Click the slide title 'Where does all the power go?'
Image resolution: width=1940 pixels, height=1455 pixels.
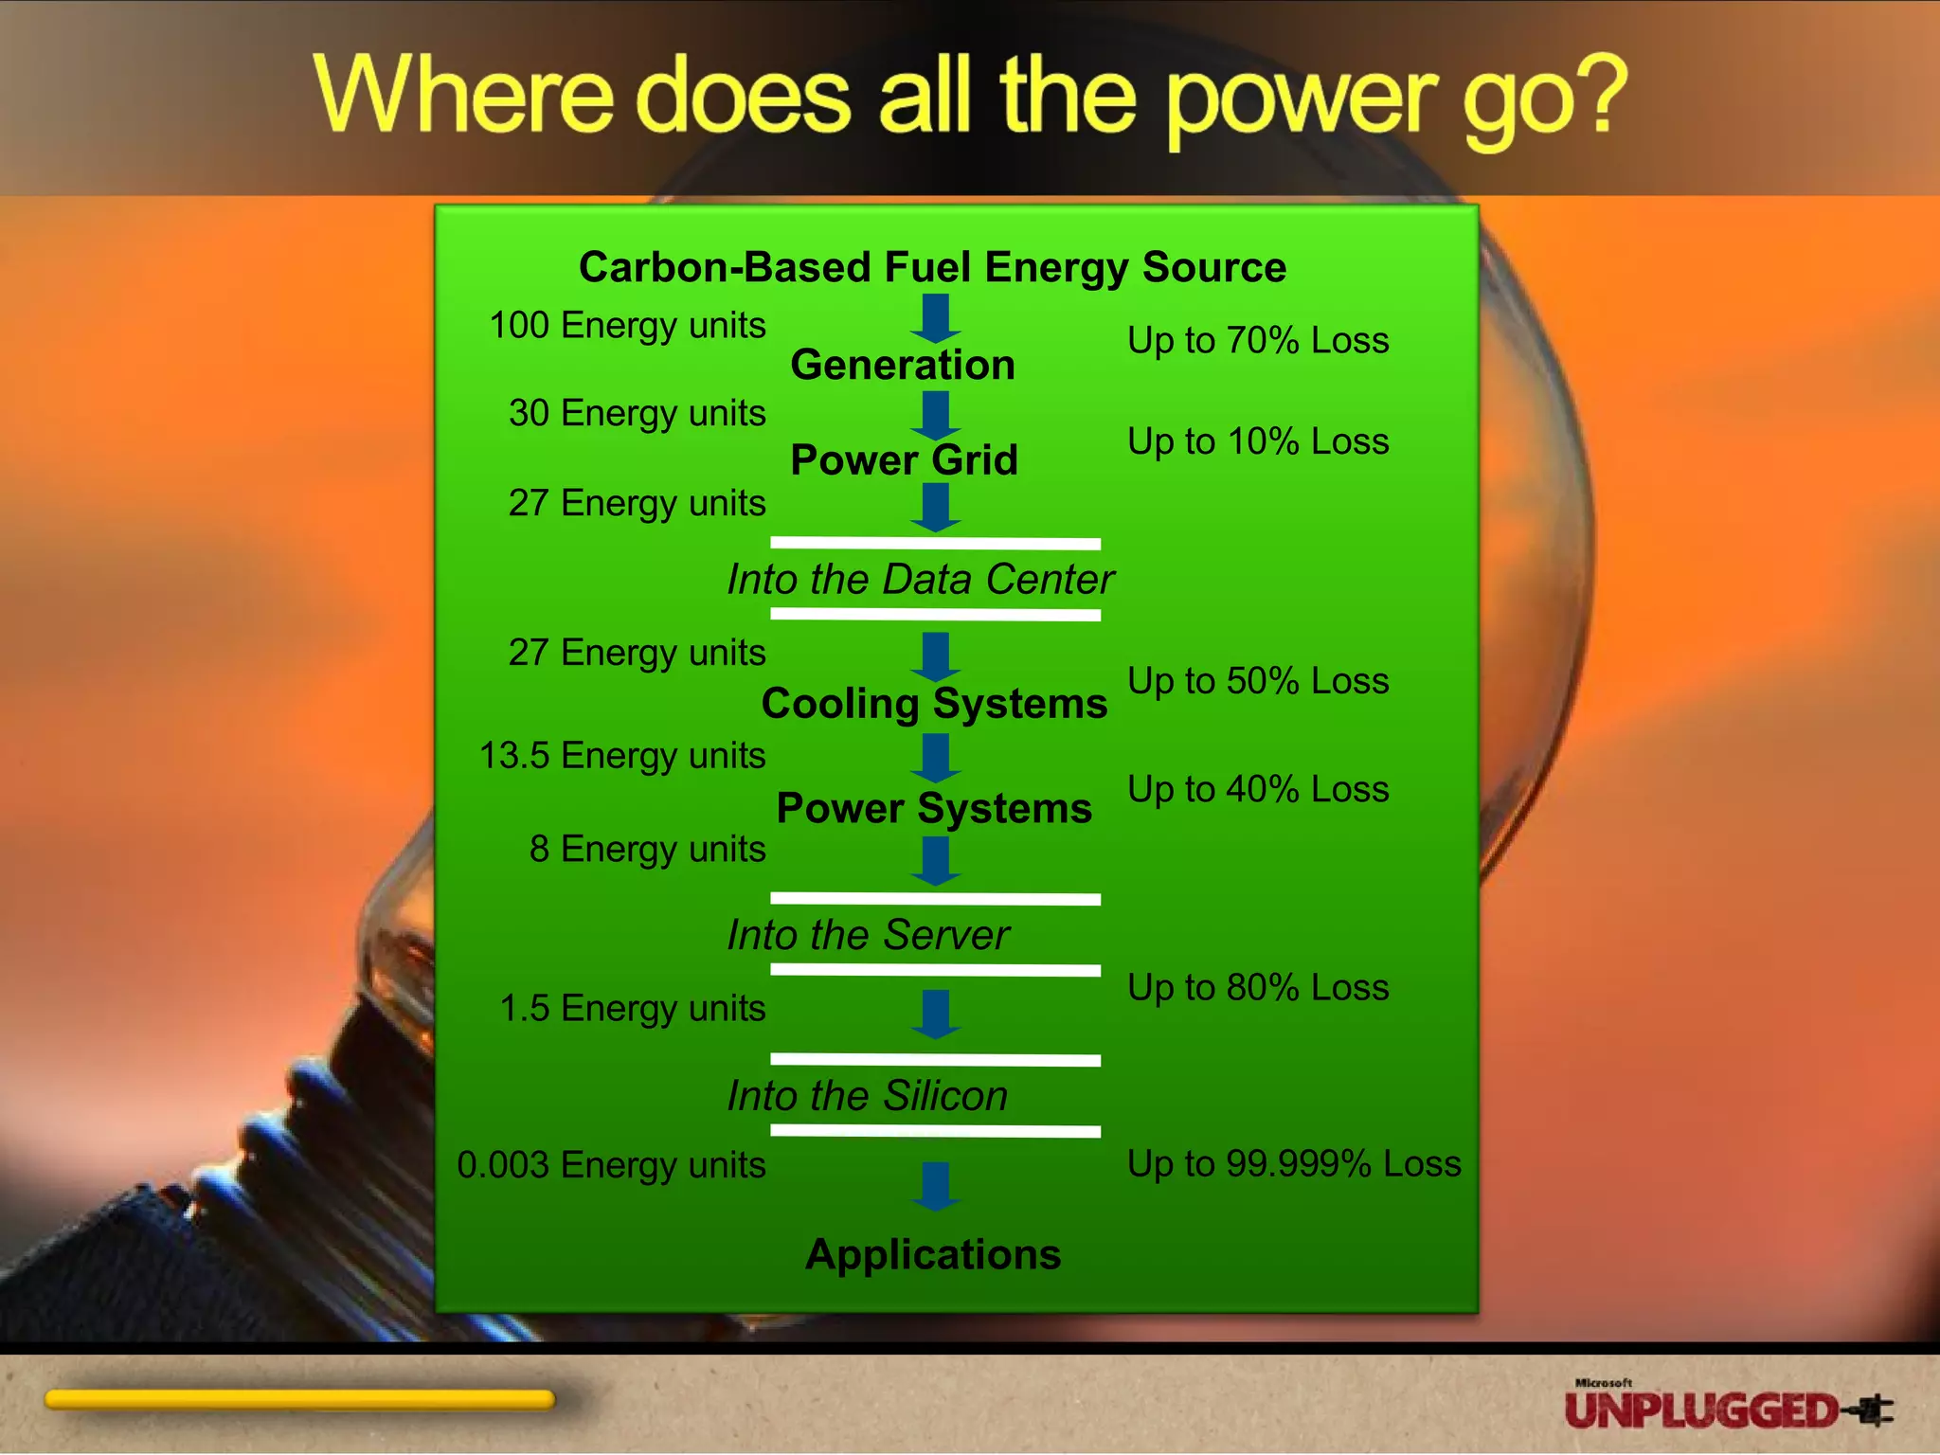(970, 97)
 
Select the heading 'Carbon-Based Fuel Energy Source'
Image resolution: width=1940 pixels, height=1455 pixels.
(932, 267)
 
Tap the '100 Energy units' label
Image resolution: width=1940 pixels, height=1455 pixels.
(627, 326)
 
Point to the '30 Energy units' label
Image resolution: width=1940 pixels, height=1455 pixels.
(637, 413)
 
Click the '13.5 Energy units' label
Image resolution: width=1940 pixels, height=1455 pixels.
(622, 756)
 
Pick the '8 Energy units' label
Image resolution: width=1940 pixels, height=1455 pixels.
(647, 849)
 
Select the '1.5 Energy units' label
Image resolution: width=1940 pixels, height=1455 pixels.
(632, 1009)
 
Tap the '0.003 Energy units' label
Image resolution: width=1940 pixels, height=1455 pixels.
(611, 1165)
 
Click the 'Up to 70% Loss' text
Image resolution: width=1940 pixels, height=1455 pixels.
(1258, 340)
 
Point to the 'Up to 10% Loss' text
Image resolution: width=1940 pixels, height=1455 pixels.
(1258, 441)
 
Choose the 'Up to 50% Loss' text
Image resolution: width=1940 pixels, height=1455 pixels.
(1258, 681)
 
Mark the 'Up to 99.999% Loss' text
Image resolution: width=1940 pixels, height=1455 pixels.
(1294, 1164)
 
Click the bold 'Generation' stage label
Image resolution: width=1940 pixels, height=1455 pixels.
(903, 365)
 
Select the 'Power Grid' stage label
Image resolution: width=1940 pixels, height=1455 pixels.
(904, 460)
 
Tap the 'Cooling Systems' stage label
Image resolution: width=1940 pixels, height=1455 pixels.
(934, 704)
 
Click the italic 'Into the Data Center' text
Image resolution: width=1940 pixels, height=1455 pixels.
(920, 580)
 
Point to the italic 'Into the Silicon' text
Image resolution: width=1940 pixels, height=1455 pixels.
(867, 1096)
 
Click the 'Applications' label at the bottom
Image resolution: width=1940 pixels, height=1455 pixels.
(933, 1254)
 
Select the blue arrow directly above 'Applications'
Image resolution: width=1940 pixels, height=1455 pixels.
(936, 1186)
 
